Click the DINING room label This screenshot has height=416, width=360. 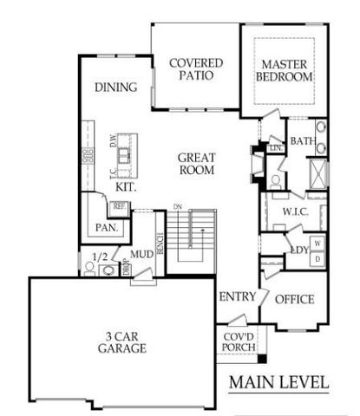coord(117,87)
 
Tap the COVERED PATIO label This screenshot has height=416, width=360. coord(196,69)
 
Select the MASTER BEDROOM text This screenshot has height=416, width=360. coord(286,70)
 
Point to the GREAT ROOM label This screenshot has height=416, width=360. coord(196,165)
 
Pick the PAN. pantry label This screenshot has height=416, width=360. coord(108,228)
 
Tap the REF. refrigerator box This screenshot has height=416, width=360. coord(120,206)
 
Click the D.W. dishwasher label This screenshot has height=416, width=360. coord(113,140)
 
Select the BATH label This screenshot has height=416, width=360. coord(302,141)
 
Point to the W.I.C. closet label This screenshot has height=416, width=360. coord(285,211)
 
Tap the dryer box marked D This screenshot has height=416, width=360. coord(318,258)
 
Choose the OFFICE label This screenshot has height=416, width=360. coord(294,300)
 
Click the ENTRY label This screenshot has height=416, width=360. coord(237,296)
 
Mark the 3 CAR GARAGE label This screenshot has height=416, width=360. coord(121,341)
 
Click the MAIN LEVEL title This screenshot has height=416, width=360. coord(279,381)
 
